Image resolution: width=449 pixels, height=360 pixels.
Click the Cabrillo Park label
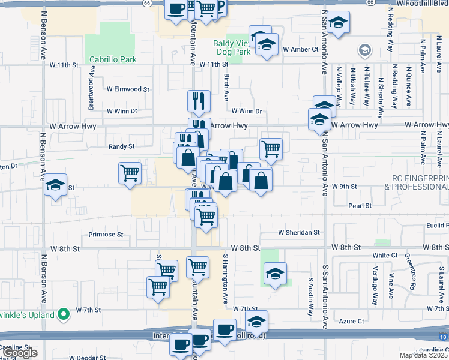coord(113,59)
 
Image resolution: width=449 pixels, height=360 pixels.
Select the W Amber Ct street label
coord(300,49)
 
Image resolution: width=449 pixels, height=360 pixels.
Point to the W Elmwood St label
coord(128,89)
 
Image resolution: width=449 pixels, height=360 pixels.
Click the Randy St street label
coord(121,146)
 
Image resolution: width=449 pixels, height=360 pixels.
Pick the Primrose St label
coord(106,235)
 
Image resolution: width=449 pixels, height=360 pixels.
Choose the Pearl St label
coord(360,205)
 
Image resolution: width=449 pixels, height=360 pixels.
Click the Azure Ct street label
coord(352,321)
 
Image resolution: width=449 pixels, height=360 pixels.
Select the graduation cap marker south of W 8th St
coord(275,274)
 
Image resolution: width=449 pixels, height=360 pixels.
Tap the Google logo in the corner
coord(20,353)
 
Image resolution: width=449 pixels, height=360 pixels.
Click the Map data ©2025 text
coord(423,355)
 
